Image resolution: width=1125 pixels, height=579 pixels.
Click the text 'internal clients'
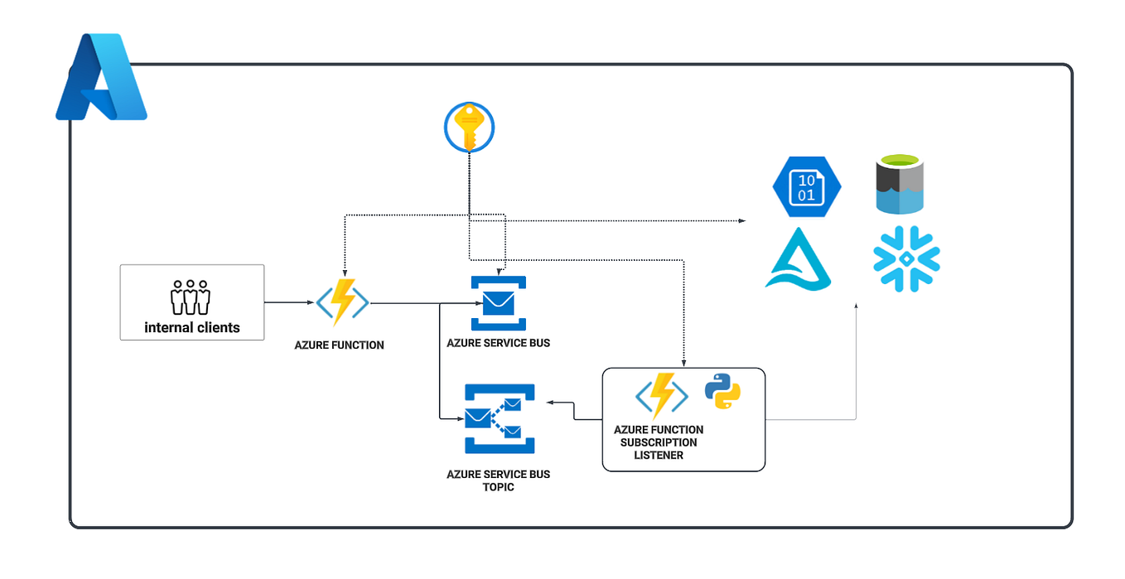(x=192, y=327)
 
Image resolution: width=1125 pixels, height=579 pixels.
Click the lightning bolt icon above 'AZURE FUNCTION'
(x=343, y=303)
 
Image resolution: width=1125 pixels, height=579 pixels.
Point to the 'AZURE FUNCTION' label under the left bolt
(x=340, y=345)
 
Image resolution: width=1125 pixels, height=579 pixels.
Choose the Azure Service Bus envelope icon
(x=499, y=303)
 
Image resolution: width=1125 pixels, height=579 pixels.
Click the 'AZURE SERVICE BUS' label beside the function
(x=498, y=342)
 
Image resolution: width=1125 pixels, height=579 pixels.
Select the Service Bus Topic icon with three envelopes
(x=500, y=418)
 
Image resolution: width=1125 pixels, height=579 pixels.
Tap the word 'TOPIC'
(x=499, y=487)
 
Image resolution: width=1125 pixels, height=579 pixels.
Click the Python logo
(x=722, y=391)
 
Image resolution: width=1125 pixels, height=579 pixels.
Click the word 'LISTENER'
(x=659, y=455)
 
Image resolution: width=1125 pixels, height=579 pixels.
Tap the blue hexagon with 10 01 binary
(x=806, y=186)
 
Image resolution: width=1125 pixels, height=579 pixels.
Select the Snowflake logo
(x=907, y=258)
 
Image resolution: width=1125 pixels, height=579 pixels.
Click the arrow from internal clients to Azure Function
(x=289, y=303)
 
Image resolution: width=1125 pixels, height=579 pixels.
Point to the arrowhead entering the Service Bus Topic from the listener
(x=549, y=403)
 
